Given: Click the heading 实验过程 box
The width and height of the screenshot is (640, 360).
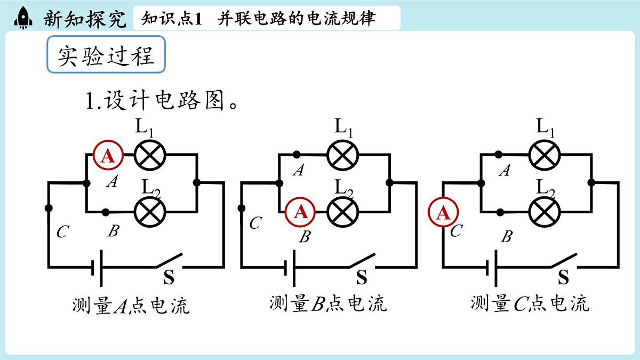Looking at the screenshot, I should [x=106, y=55].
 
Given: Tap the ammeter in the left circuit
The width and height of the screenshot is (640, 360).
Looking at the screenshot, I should [x=108, y=156].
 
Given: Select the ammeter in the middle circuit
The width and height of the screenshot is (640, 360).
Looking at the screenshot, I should [x=301, y=212].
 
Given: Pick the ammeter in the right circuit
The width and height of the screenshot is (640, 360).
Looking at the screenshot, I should [x=443, y=213].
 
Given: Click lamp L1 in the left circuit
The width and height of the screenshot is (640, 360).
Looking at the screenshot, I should [x=150, y=155].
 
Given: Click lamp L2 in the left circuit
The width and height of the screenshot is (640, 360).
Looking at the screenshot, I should [x=150, y=212].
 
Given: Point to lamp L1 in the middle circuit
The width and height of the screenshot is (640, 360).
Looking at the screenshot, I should [x=342, y=155].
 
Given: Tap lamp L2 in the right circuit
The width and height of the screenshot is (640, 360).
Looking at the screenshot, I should [x=543, y=212].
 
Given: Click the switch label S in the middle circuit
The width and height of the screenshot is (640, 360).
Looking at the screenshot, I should [x=362, y=277].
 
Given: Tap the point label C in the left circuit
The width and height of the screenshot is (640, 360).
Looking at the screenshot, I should [x=62, y=232].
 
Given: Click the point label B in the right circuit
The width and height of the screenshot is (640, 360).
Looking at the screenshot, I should [x=507, y=237].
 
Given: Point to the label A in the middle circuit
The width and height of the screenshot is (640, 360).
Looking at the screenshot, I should [x=299, y=171].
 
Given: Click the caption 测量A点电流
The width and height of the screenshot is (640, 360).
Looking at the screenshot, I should [x=131, y=306].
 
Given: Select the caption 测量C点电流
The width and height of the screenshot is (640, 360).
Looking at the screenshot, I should [x=530, y=303].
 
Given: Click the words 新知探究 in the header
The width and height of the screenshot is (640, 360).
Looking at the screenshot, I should [x=85, y=19].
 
